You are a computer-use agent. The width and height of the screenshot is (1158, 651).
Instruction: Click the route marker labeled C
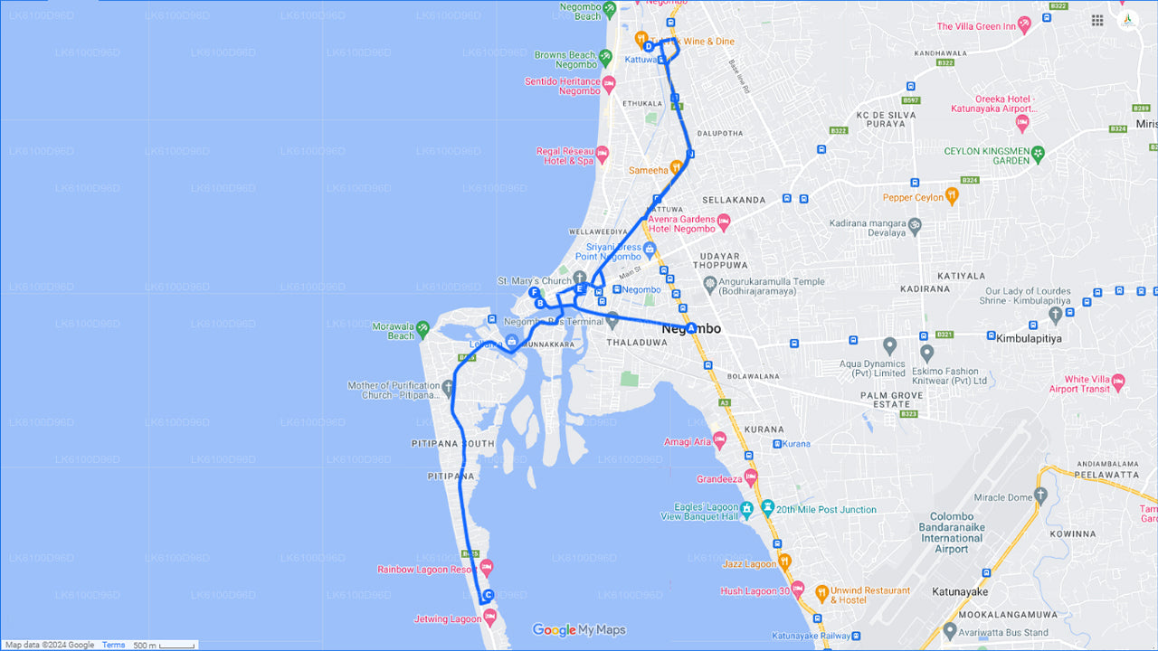[489, 595]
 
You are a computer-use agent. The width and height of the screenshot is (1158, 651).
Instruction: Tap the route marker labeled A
[691, 328]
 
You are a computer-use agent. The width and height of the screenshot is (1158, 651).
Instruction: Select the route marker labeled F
[535, 293]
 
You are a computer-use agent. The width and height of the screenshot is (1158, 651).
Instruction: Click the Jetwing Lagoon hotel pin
[490, 618]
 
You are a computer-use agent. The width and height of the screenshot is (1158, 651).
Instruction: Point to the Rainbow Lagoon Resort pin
[487, 568]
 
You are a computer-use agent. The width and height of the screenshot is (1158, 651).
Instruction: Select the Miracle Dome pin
[1040, 495]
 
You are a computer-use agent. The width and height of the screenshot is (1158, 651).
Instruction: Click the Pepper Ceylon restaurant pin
[952, 195]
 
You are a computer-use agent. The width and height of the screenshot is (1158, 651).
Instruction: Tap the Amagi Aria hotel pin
[719, 440]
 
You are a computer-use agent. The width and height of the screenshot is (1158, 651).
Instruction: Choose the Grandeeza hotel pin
[751, 477]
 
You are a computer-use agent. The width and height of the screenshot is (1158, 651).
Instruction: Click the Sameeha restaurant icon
[676, 168]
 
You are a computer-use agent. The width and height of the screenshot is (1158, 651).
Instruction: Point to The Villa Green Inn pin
[1024, 24]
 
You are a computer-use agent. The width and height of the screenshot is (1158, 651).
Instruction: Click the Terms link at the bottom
[114, 645]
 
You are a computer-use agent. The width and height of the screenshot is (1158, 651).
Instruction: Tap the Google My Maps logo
[578, 630]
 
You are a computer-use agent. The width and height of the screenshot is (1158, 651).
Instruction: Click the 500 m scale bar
[164, 645]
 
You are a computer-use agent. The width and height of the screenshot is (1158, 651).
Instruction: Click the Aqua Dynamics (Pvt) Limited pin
[889, 345]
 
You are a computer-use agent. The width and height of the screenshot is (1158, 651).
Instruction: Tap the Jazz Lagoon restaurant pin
[784, 561]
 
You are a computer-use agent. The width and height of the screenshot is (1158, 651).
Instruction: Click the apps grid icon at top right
[1097, 20]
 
